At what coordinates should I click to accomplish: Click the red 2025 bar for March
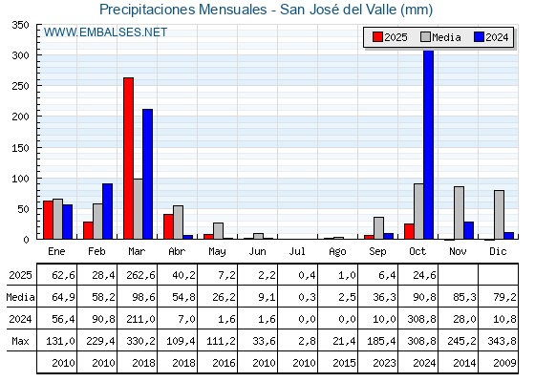(128, 159)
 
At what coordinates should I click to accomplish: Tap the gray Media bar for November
(459, 213)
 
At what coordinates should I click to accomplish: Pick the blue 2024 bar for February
(107, 211)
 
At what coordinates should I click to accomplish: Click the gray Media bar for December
(499, 215)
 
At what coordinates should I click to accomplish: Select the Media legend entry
(440, 37)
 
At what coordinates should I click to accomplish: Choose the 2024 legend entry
(491, 37)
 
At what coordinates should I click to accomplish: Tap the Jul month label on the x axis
(298, 250)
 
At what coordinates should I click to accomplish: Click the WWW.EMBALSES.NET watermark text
(106, 32)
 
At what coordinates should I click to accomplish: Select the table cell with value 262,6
(138, 275)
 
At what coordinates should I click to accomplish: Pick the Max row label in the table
(18, 341)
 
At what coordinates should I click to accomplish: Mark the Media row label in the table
(18, 297)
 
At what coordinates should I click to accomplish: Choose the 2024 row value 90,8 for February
(97, 319)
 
